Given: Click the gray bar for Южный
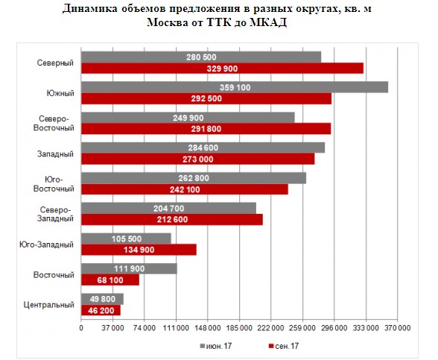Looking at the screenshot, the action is (x=235, y=87).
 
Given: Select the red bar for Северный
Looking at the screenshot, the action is (x=222, y=69).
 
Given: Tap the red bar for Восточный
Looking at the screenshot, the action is (x=110, y=280).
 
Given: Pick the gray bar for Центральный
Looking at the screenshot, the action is (x=102, y=299).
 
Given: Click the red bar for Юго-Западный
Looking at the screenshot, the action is (x=139, y=250).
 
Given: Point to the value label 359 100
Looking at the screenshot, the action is (x=235, y=87).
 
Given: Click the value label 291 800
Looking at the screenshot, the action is (x=206, y=129).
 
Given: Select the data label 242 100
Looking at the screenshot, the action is (x=185, y=190).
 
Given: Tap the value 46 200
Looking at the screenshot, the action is (x=101, y=311).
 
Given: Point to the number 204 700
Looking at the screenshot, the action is (x=168, y=209).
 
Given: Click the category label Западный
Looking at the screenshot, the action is (x=55, y=154).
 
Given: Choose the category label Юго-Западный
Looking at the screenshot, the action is (x=46, y=244).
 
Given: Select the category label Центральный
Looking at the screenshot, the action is (x=49, y=305).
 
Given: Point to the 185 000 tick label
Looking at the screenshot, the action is (x=239, y=328).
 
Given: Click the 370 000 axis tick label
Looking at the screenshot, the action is (x=398, y=328).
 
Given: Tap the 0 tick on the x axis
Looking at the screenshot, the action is (x=81, y=328).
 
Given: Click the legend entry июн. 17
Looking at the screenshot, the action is (x=216, y=346).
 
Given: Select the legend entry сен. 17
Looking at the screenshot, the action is (x=284, y=346).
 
